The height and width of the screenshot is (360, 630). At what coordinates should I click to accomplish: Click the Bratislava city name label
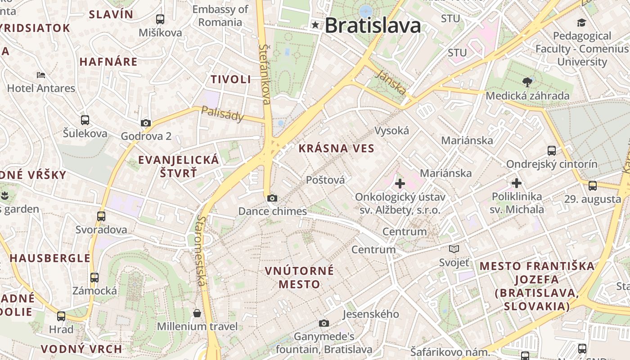[373, 25]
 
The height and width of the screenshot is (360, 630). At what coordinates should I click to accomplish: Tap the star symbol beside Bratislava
[315, 25]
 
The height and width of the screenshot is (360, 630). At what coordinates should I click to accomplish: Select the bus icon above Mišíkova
[160, 19]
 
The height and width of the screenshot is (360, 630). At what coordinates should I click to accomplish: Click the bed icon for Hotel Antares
[41, 75]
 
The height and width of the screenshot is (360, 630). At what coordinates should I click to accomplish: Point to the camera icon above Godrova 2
[146, 123]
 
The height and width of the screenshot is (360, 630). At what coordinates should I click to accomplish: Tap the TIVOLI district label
[231, 80]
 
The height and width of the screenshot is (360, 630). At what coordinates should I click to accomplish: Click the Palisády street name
[222, 114]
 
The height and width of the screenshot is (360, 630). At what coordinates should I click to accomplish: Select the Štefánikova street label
[265, 74]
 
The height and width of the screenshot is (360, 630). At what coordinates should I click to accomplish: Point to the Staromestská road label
[201, 250]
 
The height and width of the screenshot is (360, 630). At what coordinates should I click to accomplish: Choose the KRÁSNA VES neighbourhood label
[337, 148]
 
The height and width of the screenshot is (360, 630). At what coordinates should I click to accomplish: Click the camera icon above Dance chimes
[272, 198]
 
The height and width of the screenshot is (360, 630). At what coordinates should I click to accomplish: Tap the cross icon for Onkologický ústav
[400, 184]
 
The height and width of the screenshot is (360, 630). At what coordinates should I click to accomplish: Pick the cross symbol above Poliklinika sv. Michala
[517, 183]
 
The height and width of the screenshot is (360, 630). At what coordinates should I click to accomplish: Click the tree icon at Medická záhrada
[527, 82]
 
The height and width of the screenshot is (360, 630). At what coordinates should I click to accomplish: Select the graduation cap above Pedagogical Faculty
[582, 22]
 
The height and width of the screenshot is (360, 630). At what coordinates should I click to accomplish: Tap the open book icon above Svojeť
[454, 249]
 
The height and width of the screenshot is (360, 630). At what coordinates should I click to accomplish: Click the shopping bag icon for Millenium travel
[197, 313]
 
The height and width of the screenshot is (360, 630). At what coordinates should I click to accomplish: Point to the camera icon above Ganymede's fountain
[324, 323]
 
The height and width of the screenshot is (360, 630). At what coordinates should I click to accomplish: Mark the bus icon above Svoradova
[101, 216]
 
